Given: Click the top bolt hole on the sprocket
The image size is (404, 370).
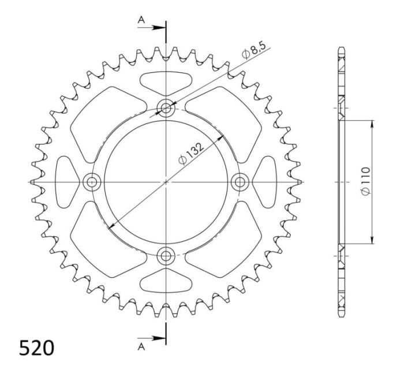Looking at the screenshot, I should tap(166, 108).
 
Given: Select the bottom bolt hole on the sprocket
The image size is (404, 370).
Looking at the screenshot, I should tap(166, 255).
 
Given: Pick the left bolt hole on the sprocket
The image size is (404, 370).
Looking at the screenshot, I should tap(92, 182).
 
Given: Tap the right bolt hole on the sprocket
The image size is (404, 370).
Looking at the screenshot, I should tap(240, 182).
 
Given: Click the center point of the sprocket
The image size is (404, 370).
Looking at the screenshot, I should tap(166, 182).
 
